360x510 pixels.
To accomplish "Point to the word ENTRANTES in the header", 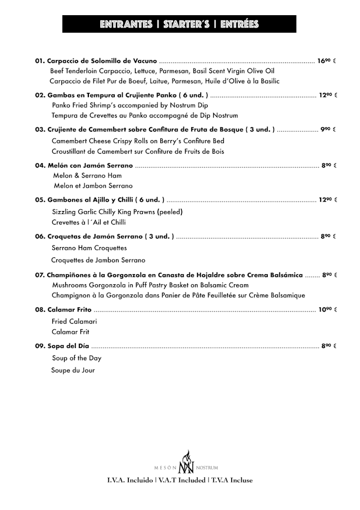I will [126, 24].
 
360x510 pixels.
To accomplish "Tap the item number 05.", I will [39, 200].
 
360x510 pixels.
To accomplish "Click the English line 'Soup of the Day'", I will [77, 358].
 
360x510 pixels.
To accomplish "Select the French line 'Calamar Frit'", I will [70, 332].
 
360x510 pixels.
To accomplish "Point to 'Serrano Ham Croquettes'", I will [89, 248].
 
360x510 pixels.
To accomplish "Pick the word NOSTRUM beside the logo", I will [206, 468].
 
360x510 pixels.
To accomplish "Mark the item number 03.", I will [39, 129].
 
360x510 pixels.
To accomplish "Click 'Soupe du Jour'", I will [73, 370].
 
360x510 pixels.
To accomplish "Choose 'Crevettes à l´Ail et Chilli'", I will [88, 222].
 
